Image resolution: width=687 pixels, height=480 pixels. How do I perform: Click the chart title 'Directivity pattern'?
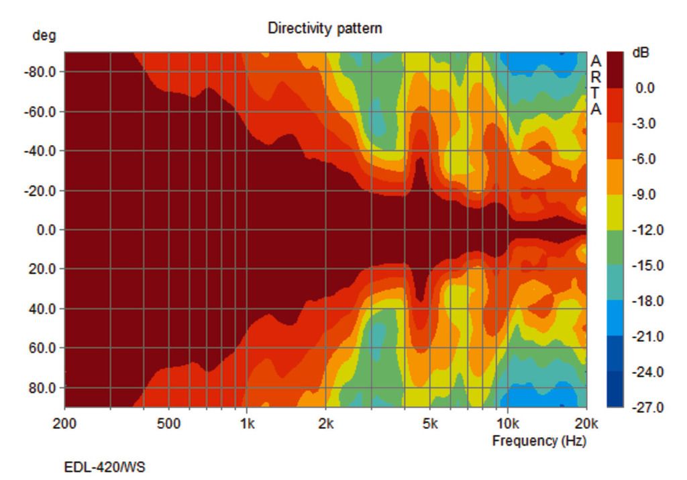pyautogui.click(x=325, y=28)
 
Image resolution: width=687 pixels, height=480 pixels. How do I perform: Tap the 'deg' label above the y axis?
pyautogui.click(x=44, y=36)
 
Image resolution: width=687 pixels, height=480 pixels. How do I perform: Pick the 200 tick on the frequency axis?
pyautogui.click(x=64, y=424)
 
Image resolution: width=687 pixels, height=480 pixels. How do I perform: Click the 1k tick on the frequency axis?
pyautogui.click(x=247, y=424)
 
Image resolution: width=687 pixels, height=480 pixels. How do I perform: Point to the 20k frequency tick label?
pyautogui.click(x=586, y=424)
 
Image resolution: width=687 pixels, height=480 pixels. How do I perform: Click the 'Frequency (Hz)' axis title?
pyautogui.click(x=539, y=441)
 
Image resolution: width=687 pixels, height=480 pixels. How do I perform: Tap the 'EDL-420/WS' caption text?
pyautogui.click(x=104, y=467)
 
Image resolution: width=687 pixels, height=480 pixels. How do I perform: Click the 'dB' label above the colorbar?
pyautogui.click(x=641, y=53)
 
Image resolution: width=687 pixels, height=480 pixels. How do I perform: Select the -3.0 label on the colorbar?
pyautogui.click(x=645, y=124)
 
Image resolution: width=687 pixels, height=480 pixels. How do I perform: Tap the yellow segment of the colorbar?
pyautogui.click(x=615, y=212)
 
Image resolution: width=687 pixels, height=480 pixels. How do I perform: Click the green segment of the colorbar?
pyautogui.click(x=615, y=248)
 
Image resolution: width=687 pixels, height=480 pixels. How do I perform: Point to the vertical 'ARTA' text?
pyautogui.click(x=596, y=85)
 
